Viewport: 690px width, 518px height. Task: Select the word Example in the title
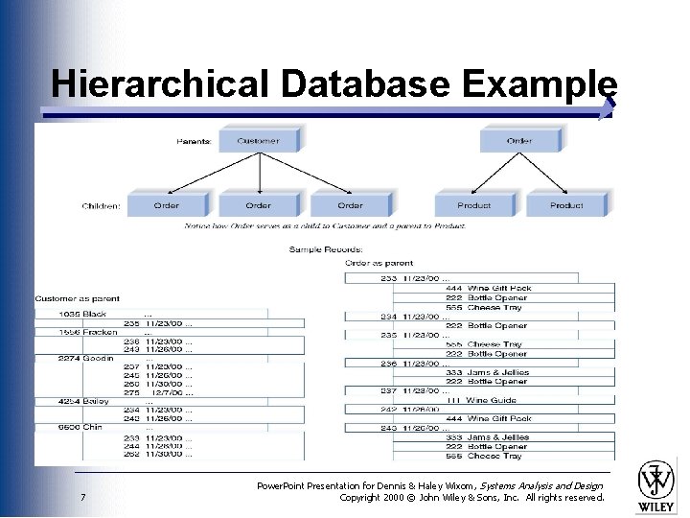[x=539, y=83]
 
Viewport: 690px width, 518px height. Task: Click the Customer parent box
[x=258, y=141]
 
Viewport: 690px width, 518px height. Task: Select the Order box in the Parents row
[x=519, y=141]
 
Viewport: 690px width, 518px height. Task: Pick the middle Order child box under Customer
[x=258, y=204]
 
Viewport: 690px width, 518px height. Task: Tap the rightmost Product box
[x=566, y=204]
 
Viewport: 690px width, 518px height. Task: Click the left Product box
[x=473, y=204]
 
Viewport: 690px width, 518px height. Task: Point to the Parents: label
[x=195, y=142]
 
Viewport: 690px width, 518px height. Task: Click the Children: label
[x=102, y=205]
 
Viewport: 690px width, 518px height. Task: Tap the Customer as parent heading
[x=78, y=299]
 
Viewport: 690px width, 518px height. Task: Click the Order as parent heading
[x=379, y=263]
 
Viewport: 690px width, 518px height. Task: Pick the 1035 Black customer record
[x=82, y=314]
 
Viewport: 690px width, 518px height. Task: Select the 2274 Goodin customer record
[x=86, y=359]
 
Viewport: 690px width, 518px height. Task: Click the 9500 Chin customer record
[x=80, y=427]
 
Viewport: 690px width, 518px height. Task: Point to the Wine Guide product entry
[x=492, y=400]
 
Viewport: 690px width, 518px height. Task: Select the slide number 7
[x=84, y=497]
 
